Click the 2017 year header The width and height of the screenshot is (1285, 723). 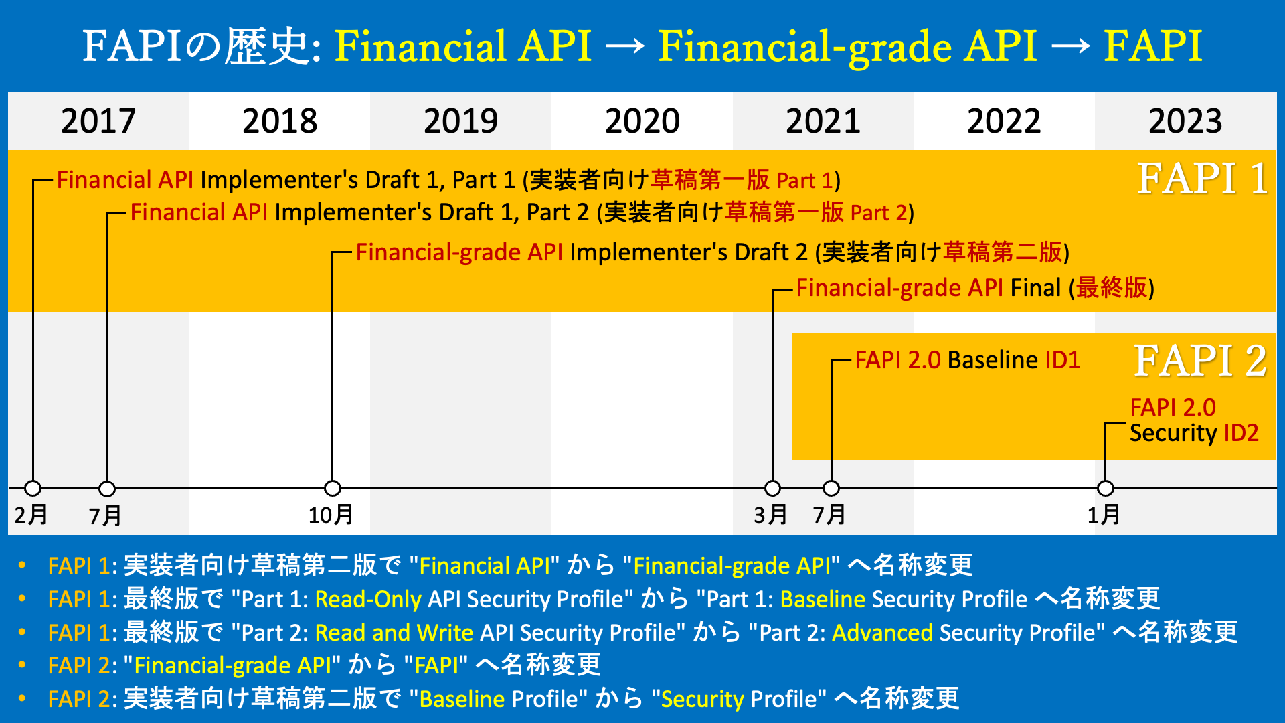click(98, 121)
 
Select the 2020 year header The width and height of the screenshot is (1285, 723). click(642, 121)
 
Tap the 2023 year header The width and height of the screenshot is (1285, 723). click(1185, 121)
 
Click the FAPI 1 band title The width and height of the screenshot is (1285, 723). click(1203, 179)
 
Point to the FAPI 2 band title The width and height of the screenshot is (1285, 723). click(1201, 361)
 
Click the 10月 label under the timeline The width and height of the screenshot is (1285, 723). click(331, 515)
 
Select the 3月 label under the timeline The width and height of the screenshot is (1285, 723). click(770, 515)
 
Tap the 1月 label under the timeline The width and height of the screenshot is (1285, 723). click(1104, 515)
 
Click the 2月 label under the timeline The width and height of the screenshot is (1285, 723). click(31, 515)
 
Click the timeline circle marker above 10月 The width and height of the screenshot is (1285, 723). click(333, 488)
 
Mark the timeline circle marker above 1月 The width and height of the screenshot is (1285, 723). click(1106, 488)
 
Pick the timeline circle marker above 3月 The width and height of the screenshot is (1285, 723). click(773, 488)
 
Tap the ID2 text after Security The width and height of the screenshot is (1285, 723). click(1241, 433)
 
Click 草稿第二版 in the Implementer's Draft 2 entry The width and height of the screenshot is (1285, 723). click(1003, 252)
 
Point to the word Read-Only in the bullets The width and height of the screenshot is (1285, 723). click(368, 599)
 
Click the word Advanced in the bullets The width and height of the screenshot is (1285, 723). click(882, 633)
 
